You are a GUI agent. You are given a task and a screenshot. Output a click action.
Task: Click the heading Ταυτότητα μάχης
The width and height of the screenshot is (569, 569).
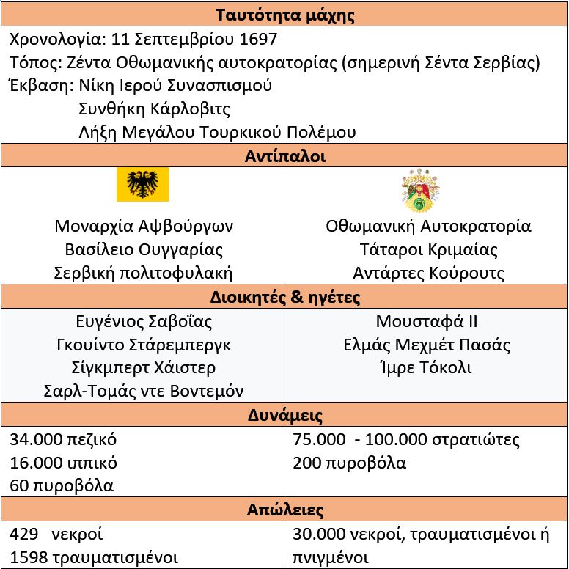[x=284, y=15]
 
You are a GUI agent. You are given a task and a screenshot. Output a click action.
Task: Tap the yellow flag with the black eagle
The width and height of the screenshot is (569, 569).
[x=142, y=184]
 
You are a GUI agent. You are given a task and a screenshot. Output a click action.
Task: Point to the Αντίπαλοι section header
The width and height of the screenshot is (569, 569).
[x=284, y=156]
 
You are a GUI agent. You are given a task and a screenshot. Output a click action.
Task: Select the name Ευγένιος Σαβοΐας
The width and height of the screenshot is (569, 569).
[x=144, y=321]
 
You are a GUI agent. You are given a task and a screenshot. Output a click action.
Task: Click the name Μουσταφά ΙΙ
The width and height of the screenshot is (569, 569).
[x=427, y=321]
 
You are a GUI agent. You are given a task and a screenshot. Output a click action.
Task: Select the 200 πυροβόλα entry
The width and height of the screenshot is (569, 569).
[x=349, y=463]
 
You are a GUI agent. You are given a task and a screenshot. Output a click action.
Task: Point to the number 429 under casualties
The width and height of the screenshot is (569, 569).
[x=23, y=534]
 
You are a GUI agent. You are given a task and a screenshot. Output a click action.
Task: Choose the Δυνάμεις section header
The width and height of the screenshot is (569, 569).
[x=284, y=416]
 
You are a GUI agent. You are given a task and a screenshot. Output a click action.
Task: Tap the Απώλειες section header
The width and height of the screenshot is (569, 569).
[x=284, y=510]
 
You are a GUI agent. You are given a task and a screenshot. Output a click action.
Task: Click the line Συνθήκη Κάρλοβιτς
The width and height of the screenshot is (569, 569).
[x=154, y=109]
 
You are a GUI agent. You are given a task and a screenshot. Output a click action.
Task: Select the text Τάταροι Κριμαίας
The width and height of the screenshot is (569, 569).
[x=428, y=250]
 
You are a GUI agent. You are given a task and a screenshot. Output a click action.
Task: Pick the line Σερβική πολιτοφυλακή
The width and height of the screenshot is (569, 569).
[x=144, y=274]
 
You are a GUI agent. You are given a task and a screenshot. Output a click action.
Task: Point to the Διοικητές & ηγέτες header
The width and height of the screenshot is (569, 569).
[x=284, y=298]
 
